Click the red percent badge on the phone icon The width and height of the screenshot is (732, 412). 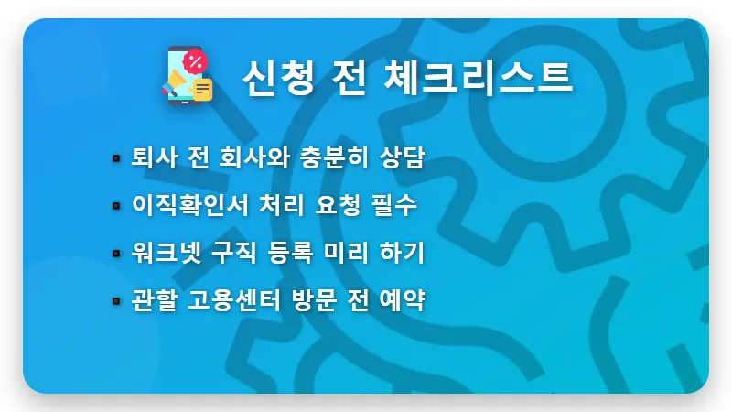[195, 61]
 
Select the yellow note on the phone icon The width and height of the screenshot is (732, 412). [201, 89]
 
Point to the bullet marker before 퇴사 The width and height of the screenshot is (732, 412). [116, 158]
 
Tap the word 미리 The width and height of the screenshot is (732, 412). [351, 253]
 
